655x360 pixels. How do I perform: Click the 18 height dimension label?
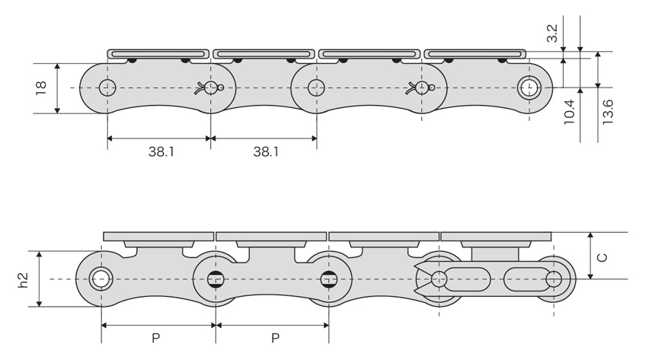(41, 88)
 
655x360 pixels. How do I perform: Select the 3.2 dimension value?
(552, 33)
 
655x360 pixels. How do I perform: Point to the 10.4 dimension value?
(570, 112)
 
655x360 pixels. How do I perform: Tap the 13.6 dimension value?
(607, 111)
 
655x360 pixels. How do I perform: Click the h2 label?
(23, 280)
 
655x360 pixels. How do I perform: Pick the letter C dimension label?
(602, 256)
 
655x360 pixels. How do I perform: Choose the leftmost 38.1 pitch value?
(161, 151)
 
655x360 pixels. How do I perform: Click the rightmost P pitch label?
(275, 338)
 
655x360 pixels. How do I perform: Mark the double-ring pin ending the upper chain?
(529, 88)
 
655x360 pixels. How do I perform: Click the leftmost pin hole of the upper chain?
(107, 88)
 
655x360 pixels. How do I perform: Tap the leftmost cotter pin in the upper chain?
(209, 88)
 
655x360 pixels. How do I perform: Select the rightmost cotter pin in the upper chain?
(420, 88)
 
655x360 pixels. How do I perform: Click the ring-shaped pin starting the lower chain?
(101, 279)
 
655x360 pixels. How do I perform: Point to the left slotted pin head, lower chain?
(215, 279)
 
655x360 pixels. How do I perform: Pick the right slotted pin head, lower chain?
(329, 279)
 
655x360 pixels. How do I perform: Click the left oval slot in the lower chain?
(467, 279)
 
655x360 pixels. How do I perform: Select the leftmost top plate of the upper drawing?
(158, 54)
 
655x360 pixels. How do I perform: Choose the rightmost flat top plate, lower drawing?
(496, 237)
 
